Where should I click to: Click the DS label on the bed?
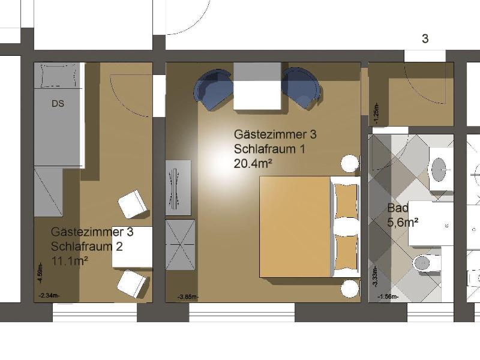pyautogui.click(x=58, y=103)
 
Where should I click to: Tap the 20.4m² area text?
pyautogui.click(x=253, y=164)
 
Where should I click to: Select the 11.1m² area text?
pyautogui.click(x=70, y=261)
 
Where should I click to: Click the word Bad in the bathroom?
pyautogui.click(x=398, y=208)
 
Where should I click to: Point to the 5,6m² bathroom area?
pyautogui.click(x=403, y=223)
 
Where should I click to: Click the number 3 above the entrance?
pyautogui.click(x=425, y=39)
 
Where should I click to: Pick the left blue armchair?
pyautogui.click(x=212, y=89)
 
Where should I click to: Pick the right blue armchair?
pyautogui.click(x=302, y=88)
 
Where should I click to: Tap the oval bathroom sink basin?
pyautogui.click(x=440, y=169)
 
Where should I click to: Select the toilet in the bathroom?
pyautogui.click(x=425, y=263)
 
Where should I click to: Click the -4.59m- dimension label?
pyautogui.click(x=41, y=274)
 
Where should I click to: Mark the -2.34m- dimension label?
pyautogui.click(x=49, y=295)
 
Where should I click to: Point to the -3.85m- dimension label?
pyautogui.click(x=188, y=297)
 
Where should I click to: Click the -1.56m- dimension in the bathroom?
pyautogui.click(x=388, y=296)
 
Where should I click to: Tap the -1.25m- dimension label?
pyautogui.click(x=376, y=113)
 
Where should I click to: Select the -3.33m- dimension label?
pyautogui.click(x=375, y=277)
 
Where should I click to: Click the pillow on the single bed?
pyautogui.click(x=58, y=76)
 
